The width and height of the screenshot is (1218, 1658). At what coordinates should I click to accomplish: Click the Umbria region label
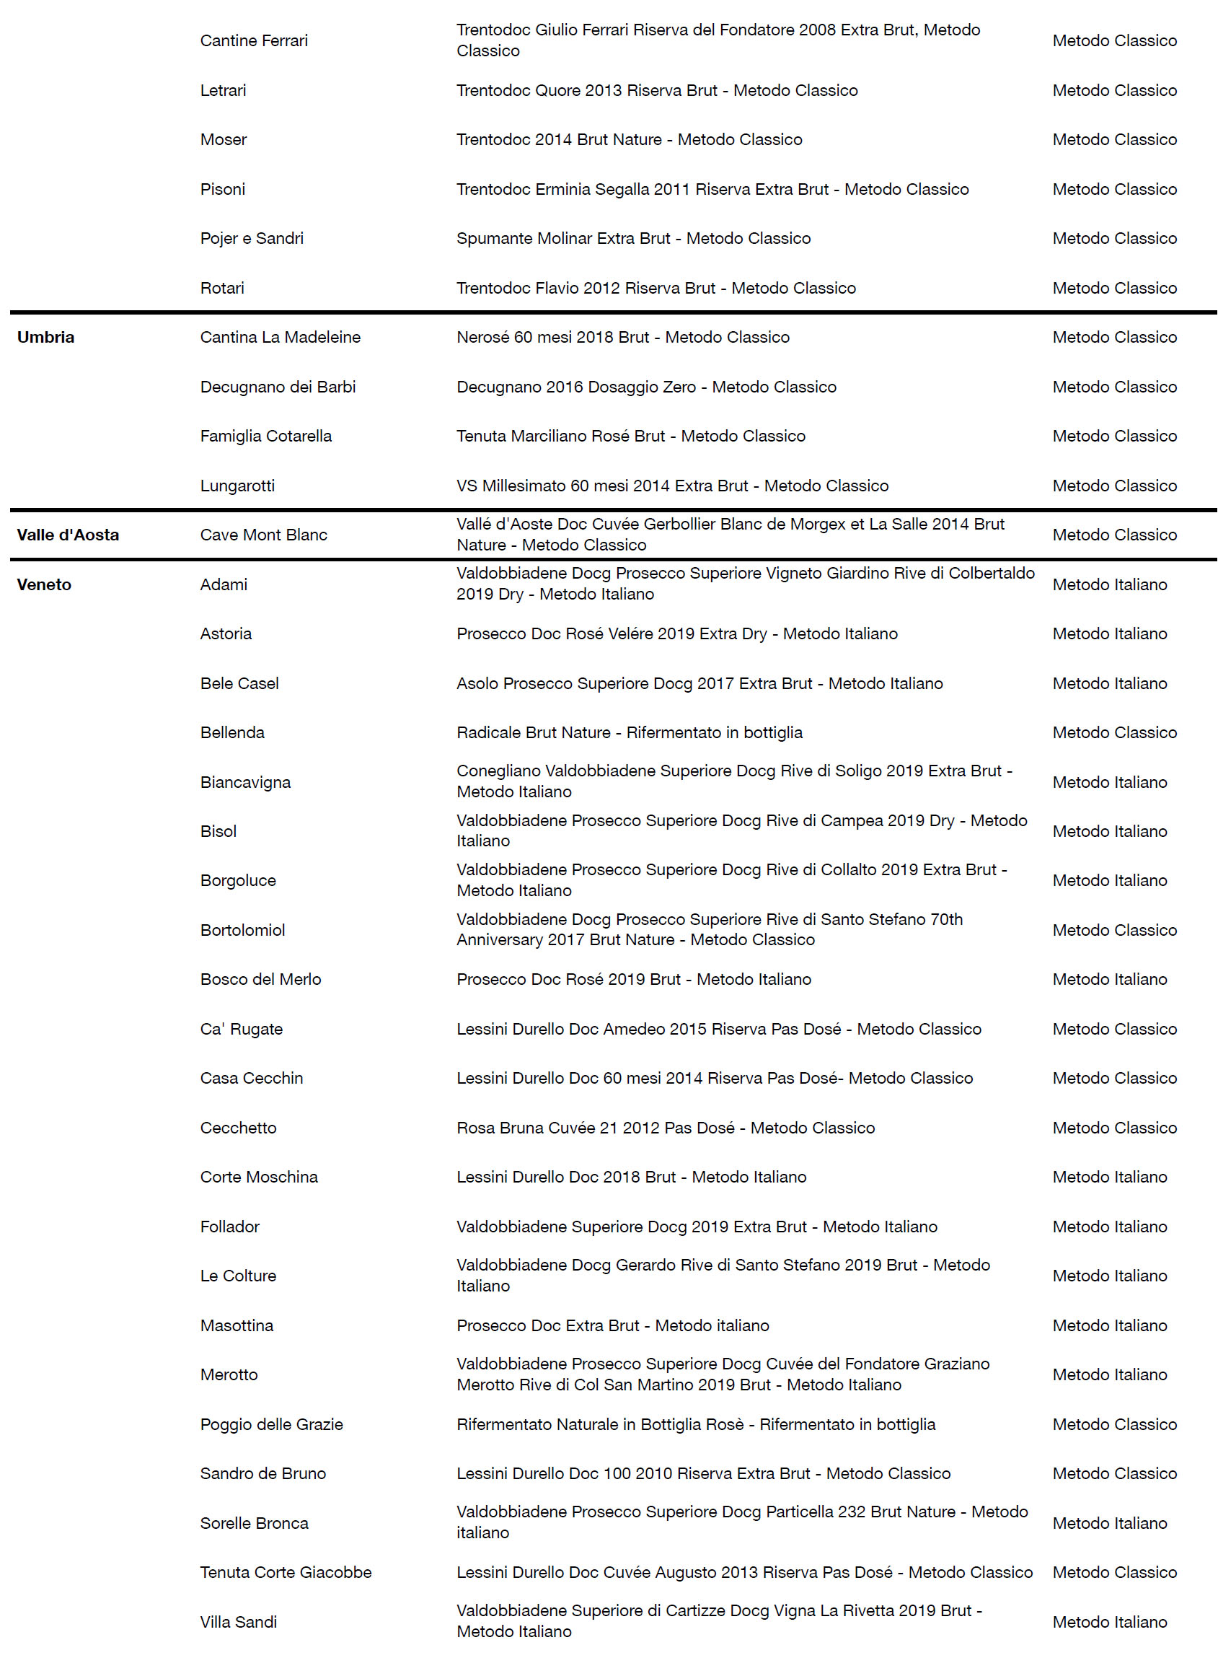(x=45, y=337)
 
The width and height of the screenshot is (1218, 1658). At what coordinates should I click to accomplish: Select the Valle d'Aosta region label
(x=68, y=535)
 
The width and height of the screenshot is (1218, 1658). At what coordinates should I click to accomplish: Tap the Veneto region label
(x=44, y=584)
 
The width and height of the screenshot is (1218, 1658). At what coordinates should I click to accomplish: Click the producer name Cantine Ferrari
(x=254, y=40)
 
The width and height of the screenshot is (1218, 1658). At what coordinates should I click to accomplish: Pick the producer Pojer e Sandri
(x=252, y=238)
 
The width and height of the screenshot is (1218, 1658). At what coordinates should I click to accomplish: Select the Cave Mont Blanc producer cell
(x=263, y=535)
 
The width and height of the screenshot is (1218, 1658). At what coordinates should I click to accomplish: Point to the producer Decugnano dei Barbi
(x=277, y=387)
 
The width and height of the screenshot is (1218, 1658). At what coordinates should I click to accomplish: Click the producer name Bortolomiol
(x=242, y=930)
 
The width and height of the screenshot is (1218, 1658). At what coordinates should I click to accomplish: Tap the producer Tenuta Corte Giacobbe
(x=286, y=1571)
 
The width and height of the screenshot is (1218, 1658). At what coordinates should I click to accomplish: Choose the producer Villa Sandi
(x=238, y=1622)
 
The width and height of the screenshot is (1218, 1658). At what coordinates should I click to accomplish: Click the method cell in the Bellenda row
(x=1114, y=732)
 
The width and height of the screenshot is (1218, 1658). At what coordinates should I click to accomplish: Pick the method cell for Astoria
(x=1109, y=633)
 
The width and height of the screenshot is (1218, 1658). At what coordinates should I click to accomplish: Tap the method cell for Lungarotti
(x=1114, y=486)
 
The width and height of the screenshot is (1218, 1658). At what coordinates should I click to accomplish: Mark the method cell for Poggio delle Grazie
(x=1114, y=1424)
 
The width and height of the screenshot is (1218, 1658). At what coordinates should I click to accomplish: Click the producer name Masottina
(x=237, y=1325)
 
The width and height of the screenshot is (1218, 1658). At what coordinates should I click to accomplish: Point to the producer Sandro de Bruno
(x=262, y=1473)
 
